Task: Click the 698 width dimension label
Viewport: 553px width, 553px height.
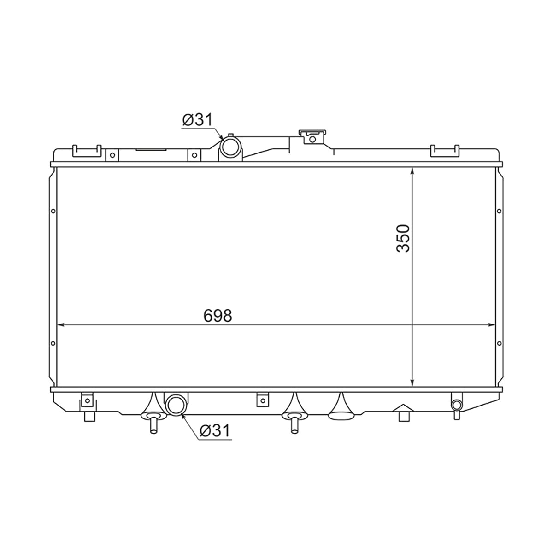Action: (218, 316)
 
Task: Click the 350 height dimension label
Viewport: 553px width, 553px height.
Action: (403, 238)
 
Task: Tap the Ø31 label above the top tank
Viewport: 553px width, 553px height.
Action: (197, 120)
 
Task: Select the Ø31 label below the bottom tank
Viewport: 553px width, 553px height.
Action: (215, 430)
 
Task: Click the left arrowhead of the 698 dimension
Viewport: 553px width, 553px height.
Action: (61, 325)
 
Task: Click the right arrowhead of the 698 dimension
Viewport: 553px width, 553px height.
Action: (492, 325)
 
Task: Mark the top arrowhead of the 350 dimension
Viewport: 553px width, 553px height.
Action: (412, 171)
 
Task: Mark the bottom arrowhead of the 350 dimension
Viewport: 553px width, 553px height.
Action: (412, 382)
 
